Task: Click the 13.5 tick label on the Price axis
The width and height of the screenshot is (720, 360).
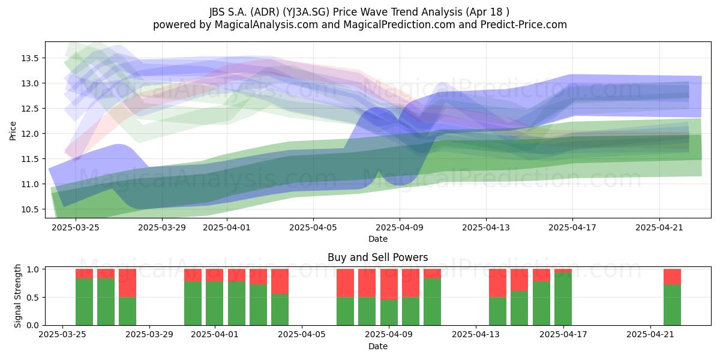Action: [x=29, y=58]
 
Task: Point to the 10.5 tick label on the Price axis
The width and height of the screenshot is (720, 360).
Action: [x=29, y=209]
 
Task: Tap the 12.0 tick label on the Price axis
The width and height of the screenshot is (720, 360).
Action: [x=29, y=134]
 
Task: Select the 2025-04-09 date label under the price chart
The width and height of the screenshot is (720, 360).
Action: [x=400, y=227]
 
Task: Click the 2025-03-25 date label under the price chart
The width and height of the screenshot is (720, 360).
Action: [x=76, y=227]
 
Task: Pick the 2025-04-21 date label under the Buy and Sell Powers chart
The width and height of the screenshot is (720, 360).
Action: [x=650, y=335]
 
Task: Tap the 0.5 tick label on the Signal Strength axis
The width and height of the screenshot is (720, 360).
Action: [x=33, y=298]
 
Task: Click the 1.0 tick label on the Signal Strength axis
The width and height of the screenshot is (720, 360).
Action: [x=33, y=269]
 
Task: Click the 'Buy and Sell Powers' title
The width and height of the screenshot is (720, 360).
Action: [x=377, y=257]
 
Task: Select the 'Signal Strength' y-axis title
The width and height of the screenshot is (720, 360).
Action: [x=17, y=296]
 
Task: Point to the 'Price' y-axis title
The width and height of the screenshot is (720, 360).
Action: [x=13, y=131]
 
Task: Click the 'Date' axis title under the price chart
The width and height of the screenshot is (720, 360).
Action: [x=378, y=239]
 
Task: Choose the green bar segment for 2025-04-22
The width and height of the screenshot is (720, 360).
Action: [x=672, y=305]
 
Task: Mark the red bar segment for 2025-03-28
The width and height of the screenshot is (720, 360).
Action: [x=128, y=283]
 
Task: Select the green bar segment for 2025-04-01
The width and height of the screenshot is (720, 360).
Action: [x=215, y=303]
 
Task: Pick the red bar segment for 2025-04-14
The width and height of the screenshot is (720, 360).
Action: [x=498, y=283]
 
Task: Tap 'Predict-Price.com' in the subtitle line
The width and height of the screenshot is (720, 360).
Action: [x=523, y=25]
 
